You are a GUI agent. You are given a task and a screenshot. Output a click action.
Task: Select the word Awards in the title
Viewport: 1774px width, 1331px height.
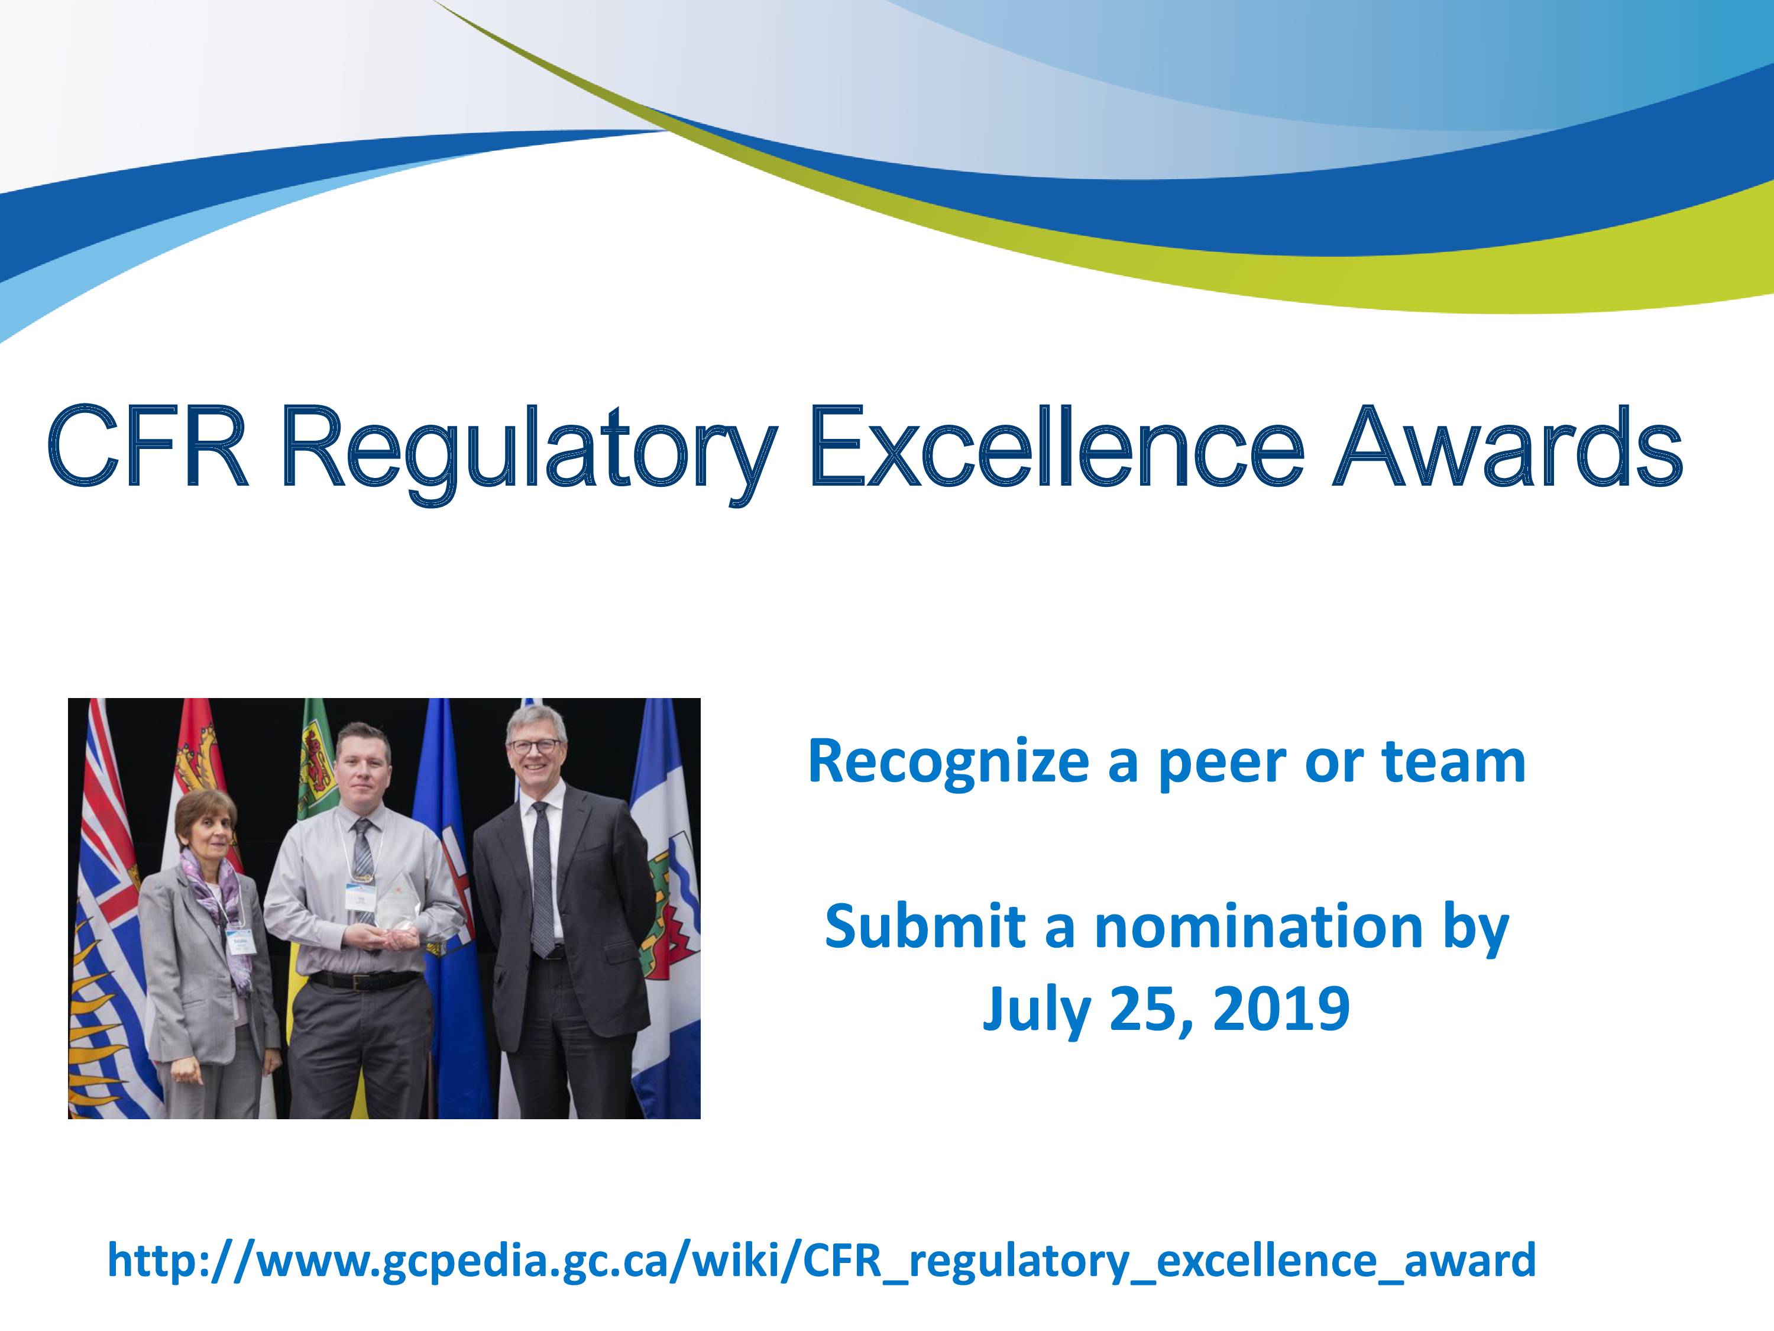click(1508, 447)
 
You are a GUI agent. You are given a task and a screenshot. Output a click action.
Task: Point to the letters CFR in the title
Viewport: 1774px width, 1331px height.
click(148, 447)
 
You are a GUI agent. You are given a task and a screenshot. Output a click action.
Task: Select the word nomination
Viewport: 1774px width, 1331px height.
click(1258, 926)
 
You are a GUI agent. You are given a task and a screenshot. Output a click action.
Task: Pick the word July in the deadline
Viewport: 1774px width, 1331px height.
click(1035, 1013)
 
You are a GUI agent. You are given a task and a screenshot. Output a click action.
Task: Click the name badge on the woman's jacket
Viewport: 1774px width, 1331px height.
click(239, 939)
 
